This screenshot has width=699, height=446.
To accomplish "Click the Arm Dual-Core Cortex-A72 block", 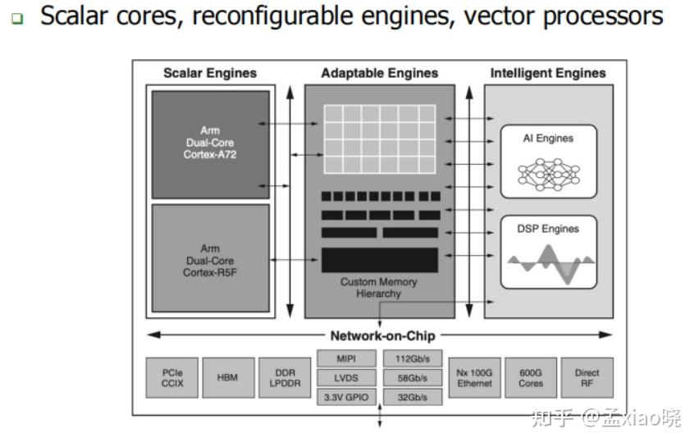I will tap(211, 143).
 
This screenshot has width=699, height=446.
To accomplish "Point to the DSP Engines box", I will tap(548, 251).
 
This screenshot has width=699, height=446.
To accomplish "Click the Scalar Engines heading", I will tap(210, 73).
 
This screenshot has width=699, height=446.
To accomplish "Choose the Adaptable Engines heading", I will tap(379, 73).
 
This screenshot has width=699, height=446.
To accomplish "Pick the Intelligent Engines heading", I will tap(548, 73).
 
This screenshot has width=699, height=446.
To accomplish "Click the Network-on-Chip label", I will tap(382, 335).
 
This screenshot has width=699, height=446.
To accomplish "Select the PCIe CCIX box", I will tap(172, 378).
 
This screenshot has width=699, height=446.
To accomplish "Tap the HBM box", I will tap(228, 378).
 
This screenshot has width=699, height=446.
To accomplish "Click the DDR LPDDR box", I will tap(285, 378).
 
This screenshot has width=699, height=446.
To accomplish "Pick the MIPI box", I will tap(346, 358).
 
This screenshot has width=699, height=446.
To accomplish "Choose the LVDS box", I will tap(346, 378).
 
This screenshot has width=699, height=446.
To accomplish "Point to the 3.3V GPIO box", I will tap(346, 397).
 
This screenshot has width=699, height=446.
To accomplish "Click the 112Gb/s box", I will tap(413, 358).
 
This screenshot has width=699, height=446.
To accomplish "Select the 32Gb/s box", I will tap(413, 397).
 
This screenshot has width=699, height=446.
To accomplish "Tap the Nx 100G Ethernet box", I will tap(474, 378).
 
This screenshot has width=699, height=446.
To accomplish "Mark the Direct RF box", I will tap(587, 378).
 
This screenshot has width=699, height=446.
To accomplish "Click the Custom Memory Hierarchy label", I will tap(379, 288).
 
